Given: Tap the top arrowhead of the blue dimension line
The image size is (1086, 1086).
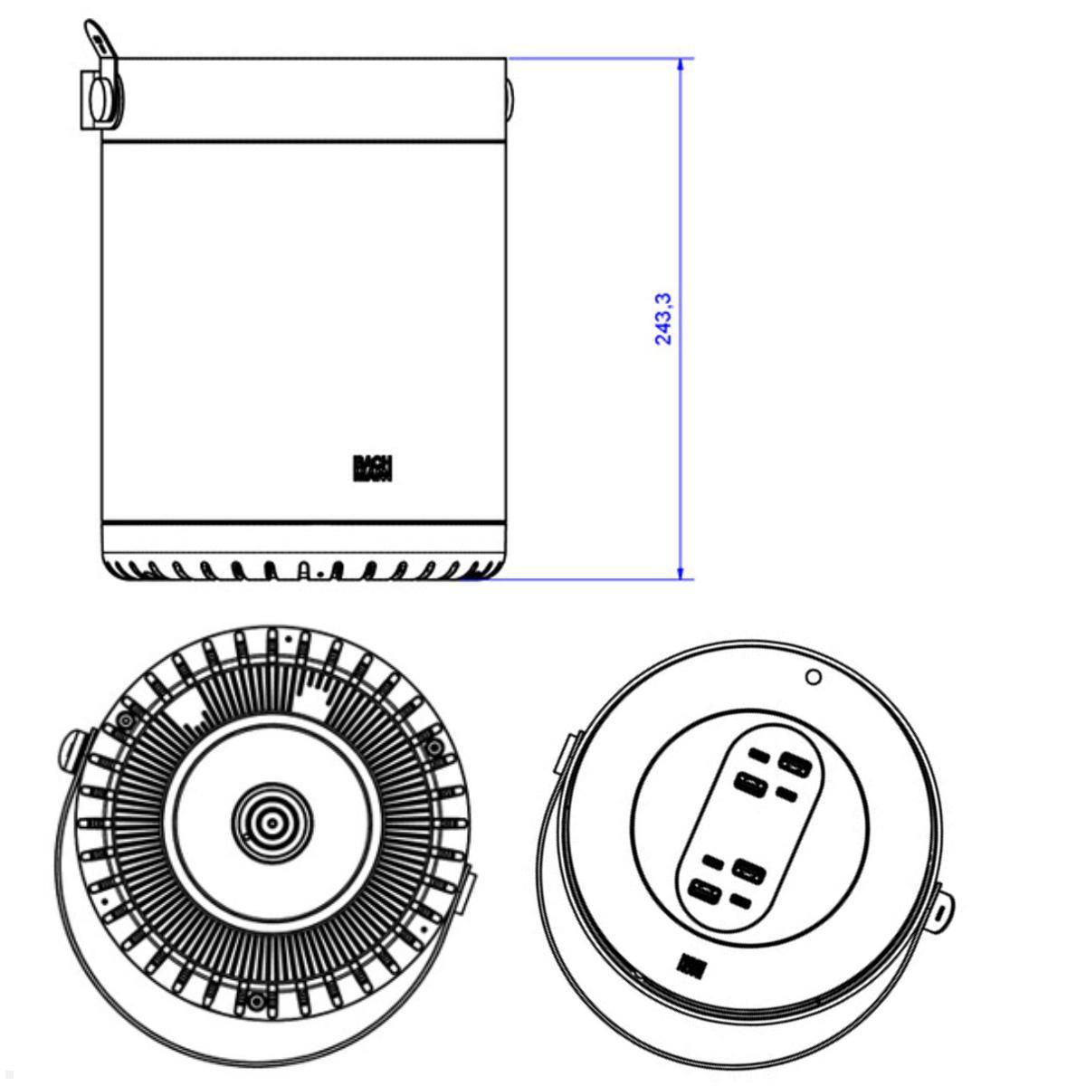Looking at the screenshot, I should (680, 66).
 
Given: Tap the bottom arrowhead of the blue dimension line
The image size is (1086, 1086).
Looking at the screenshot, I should (680, 571).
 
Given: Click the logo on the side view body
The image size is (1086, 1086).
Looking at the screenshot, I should (372, 468).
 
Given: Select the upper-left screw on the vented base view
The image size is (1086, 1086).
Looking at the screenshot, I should (122, 719).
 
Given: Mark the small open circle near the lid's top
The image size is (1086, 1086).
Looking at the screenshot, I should (813, 677).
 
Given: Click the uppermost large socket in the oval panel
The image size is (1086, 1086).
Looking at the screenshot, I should (795, 763).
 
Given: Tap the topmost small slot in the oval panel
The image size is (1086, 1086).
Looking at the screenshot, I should (759, 755).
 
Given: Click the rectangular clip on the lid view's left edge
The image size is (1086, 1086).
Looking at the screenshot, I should (562, 753).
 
